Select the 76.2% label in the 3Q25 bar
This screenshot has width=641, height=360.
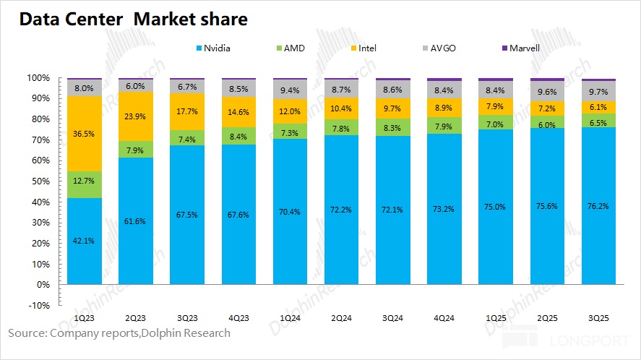click(x=599, y=206)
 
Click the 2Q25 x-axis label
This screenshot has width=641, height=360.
click(x=548, y=317)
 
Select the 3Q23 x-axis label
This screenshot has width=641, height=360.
click(x=188, y=317)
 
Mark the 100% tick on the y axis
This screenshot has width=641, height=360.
click(x=38, y=77)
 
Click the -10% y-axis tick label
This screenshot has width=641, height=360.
click(x=38, y=305)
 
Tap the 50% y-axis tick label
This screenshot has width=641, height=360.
click(x=40, y=181)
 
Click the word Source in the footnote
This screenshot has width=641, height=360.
click(x=26, y=333)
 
